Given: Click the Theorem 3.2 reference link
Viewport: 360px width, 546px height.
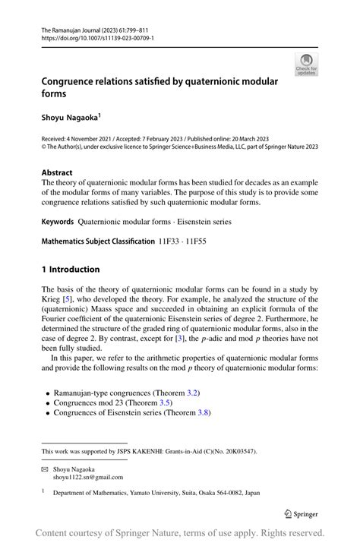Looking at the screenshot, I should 178,392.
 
